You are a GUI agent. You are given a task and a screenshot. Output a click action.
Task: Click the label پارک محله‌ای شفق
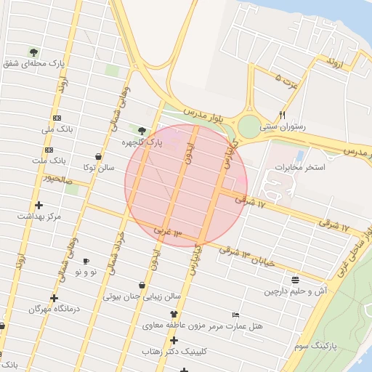(x=34, y=64)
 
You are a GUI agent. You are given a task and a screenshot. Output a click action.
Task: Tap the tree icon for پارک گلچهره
(x=142, y=132)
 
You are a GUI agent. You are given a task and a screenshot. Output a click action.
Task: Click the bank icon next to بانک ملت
(x=39, y=148)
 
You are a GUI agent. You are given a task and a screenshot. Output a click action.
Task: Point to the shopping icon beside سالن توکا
(x=98, y=156)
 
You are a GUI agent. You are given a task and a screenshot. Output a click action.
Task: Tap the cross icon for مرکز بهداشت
(x=39, y=205)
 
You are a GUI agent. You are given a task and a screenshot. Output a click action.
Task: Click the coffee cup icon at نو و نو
(x=86, y=261)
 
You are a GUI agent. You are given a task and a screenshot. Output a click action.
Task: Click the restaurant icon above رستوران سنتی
(x=283, y=115)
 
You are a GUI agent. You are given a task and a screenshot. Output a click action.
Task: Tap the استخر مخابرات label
(x=300, y=167)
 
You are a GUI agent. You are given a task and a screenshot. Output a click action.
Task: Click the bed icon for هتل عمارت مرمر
(x=235, y=315)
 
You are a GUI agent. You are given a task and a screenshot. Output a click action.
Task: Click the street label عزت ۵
(x=287, y=81)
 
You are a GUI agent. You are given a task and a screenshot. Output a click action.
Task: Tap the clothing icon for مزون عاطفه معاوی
(x=174, y=315)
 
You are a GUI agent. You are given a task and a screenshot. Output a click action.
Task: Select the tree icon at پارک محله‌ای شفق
(x=34, y=52)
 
